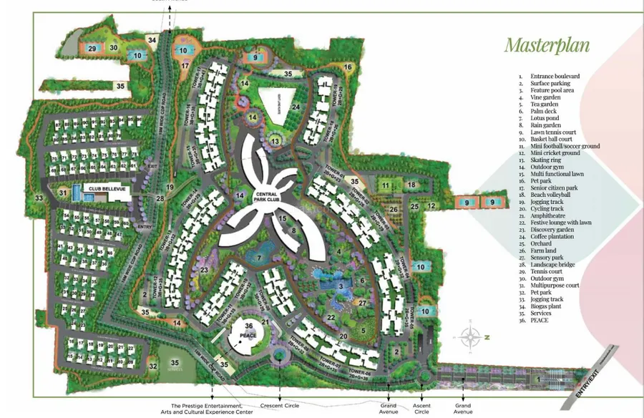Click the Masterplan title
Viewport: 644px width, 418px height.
click(547, 45)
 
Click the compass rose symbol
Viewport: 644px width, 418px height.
click(470, 335)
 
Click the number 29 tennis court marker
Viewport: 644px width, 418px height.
click(92, 48)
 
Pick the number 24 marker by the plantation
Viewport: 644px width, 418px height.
click(296, 108)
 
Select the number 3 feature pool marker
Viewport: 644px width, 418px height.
click(341, 287)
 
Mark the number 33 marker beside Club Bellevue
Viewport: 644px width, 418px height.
click(39, 198)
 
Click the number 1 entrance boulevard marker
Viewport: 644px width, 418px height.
click(538, 376)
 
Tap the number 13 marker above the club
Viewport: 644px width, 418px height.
click(276, 140)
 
